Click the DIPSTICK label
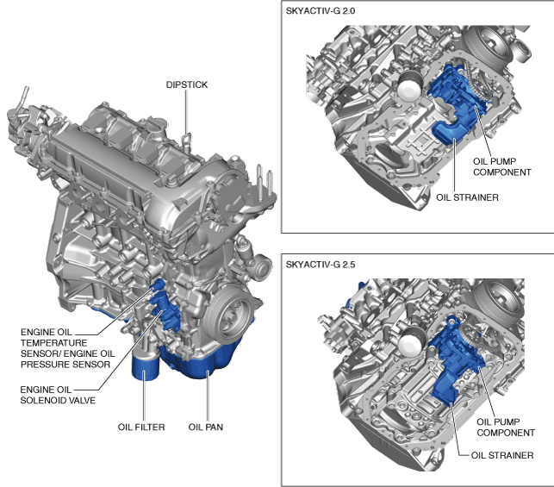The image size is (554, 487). (x=187, y=84)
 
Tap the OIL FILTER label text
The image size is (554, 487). (x=142, y=426)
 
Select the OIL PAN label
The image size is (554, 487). (x=208, y=426)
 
